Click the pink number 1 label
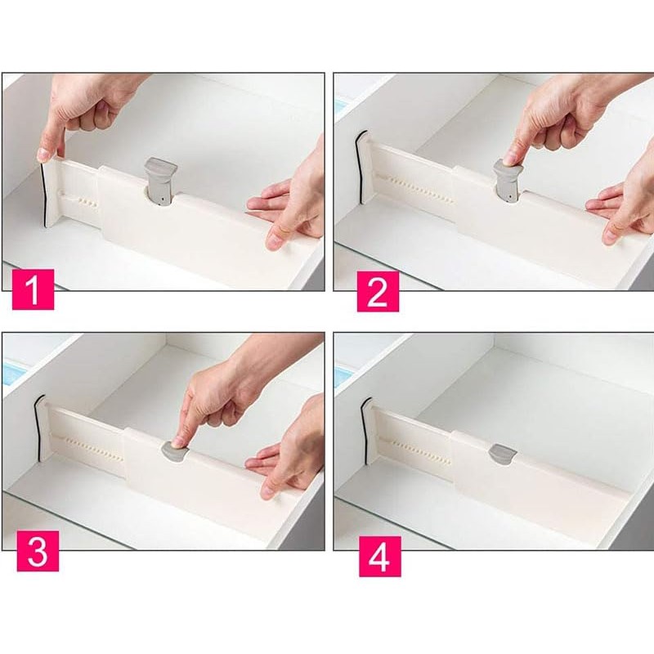pos(33,289)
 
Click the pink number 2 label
pos(378,292)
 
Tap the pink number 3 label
pos(38,551)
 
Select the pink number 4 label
pos(380,557)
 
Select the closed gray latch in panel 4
pos(503,455)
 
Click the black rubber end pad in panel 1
pos(43,195)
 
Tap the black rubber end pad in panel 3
pos(38,428)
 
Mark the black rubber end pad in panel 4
pos(365,431)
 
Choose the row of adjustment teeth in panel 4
pos(421,452)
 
